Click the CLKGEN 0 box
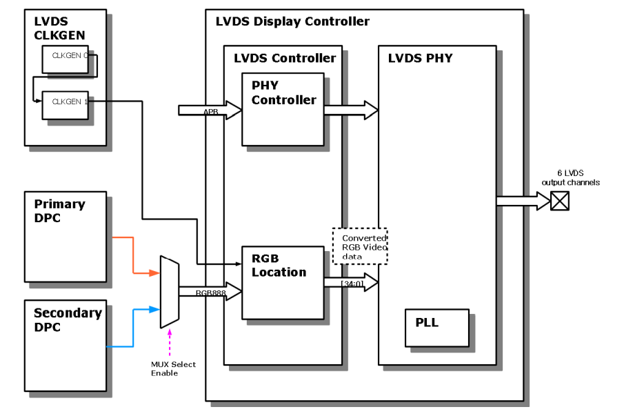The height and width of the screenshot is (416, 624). pyautogui.click(x=66, y=60)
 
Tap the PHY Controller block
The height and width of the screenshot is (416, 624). pyautogui.click(x=283, y=109)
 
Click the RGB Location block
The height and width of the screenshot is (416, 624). pyautogui.click(x=283, y=283)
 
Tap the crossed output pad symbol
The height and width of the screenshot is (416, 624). pyautogui.click(x=560, y=201)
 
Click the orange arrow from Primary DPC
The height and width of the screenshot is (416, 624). pyautogui.click(x=134, y=255)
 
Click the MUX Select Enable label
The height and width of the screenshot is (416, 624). pyautogui.click(x=173, y=368)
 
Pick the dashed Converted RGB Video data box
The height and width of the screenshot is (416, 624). pyautogui.click(x=360, y=246)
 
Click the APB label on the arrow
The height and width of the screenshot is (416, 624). pyautogui.click(x=210, y=111)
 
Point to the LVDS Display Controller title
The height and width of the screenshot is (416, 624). pyautogui.click(x=292, y=21)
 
